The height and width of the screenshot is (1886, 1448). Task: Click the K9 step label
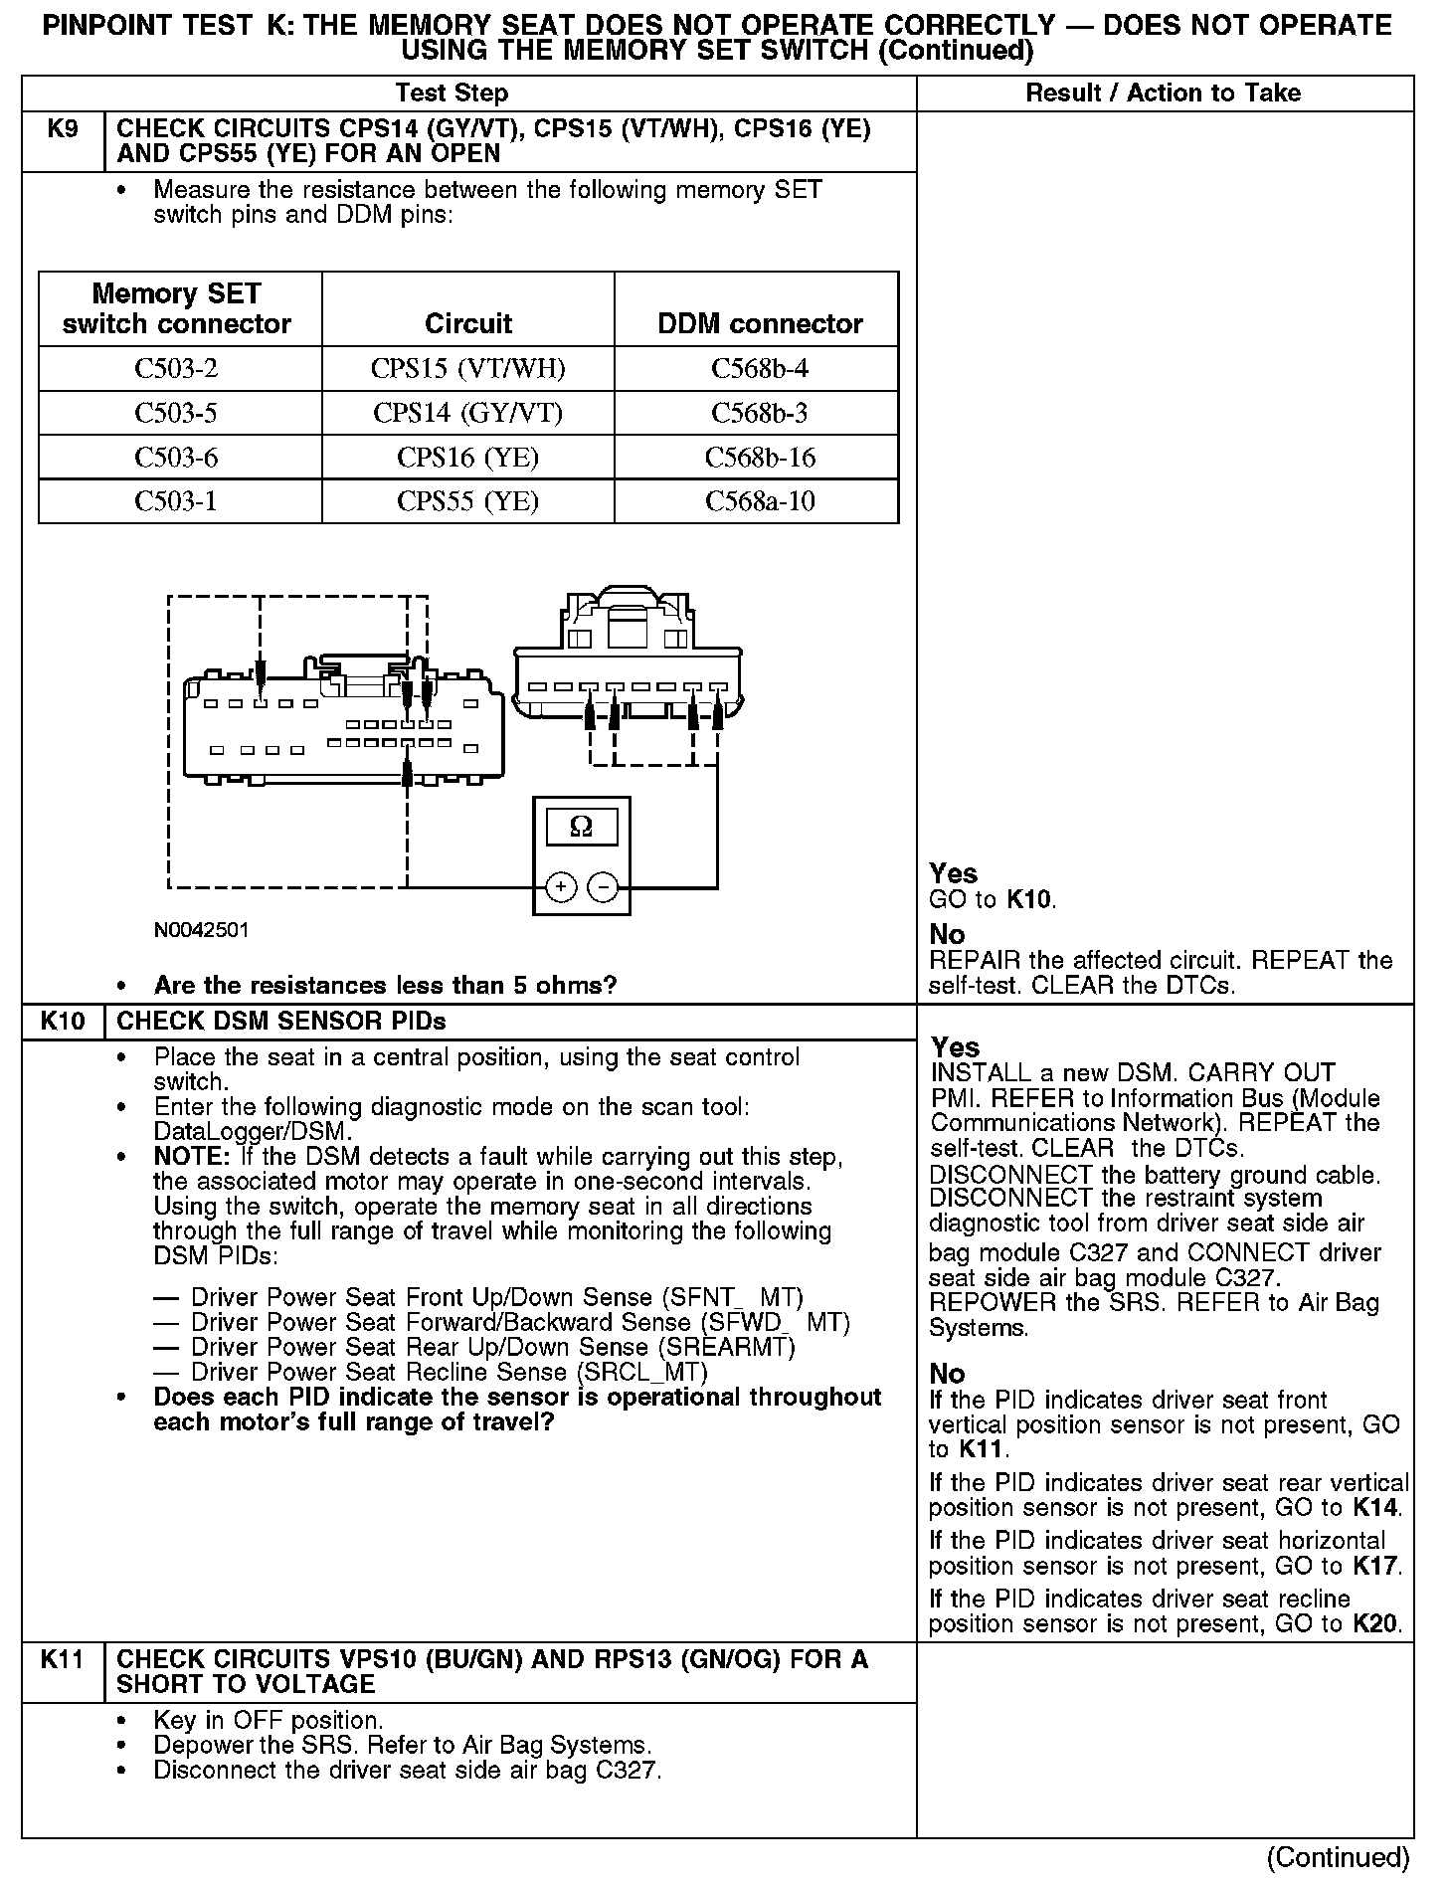pos(63,129)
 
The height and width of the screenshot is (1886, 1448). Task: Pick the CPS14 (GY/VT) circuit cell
pos(467,413)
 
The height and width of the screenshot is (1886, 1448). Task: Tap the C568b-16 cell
pos(760,458)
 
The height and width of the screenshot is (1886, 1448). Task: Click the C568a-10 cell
pos(760,501)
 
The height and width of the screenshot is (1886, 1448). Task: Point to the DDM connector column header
pos(760,323)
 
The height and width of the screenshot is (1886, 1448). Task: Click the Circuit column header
pos(467,323)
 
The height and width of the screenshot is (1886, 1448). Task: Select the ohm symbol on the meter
pos(582,827)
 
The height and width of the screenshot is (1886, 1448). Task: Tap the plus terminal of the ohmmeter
pos(561,886)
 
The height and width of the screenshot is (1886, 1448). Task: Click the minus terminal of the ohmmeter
pos(603,886)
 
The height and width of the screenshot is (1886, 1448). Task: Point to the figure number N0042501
pos(202,930)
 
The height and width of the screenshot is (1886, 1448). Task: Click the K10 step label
pos(63,1022)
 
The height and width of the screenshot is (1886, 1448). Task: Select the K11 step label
pos(63,1659)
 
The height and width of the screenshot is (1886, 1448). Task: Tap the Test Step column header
pos(452,94)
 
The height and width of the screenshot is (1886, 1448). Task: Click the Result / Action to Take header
pos(1163,94)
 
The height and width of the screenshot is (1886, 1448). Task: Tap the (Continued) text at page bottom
pos(1338,1857)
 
